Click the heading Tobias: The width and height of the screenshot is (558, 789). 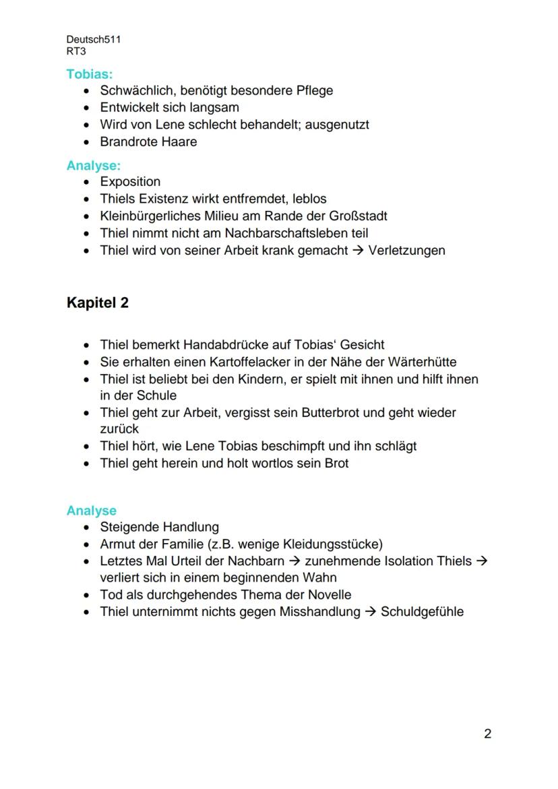point(89,73)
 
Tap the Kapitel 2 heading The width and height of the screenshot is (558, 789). point(98,303)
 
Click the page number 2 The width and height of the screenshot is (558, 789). point(487,734)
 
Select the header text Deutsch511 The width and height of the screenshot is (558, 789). point(94,40)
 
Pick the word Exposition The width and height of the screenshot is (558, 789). point(130,182)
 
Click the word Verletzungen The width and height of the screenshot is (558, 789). point(406,251)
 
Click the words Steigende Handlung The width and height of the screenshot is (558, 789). point(159,527)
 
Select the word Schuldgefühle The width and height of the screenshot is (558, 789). point(422,612)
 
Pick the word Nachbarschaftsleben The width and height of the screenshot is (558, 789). point(285,233)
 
